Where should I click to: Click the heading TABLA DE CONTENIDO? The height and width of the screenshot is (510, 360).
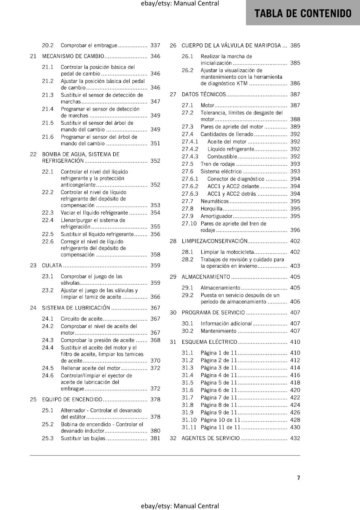(303, 13)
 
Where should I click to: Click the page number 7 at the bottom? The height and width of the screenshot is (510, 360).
(299, 477)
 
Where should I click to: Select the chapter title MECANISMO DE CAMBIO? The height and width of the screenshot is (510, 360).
(73, 56)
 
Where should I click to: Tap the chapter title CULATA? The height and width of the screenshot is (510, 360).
(52, 266)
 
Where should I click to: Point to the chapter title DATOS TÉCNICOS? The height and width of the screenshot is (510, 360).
(204, 94)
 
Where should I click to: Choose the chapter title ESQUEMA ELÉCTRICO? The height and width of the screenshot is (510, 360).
(209, 342)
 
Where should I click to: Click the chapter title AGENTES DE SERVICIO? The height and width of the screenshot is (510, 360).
(211, 438)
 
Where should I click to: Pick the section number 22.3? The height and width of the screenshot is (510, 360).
(48, 213)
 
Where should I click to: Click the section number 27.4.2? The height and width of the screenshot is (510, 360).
(190, 149)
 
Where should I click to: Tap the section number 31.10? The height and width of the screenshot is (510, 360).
(189, 420)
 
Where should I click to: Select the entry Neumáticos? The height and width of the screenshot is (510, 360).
(214, 201)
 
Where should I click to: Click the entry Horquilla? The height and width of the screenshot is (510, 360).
(212, 209)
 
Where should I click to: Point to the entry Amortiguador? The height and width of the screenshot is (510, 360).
(216, 216)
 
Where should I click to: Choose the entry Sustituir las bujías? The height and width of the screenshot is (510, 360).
(83, 438)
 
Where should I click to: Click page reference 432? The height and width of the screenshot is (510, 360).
(295, 438)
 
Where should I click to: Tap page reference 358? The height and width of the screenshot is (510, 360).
(155, 255)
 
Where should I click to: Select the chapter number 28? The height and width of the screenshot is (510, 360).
(173, 241)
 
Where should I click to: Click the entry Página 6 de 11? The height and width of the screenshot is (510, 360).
(219, 390)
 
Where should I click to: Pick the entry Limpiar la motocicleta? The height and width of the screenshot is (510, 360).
(227, 252)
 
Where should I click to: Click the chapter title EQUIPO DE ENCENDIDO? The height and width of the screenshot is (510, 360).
(72, 399)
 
